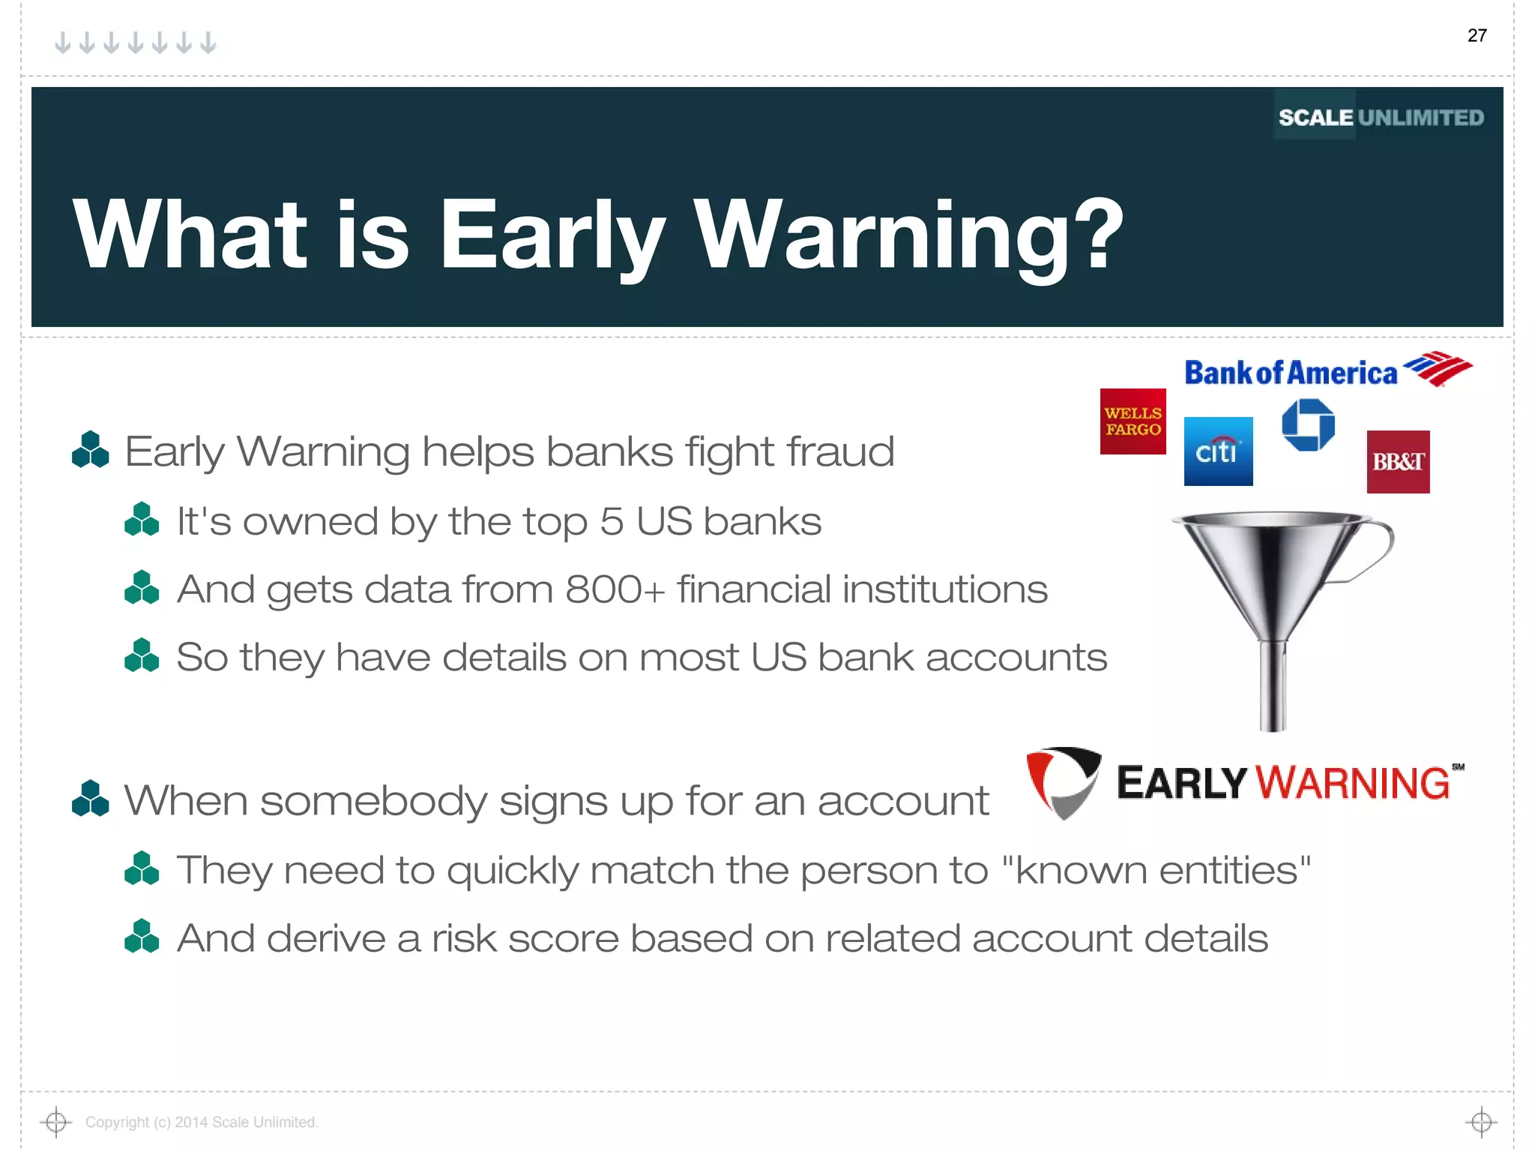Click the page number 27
1477,35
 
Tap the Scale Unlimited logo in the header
1381,117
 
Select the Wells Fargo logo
1133,421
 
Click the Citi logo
1218,451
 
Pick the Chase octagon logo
1308,424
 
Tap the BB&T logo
1398,462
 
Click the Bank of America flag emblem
1438,368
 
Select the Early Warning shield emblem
1063,782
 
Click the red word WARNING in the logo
1353,783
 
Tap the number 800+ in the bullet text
615,589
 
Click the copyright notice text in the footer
202,1122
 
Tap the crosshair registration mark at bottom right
1481,1122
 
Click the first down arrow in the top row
63,43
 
